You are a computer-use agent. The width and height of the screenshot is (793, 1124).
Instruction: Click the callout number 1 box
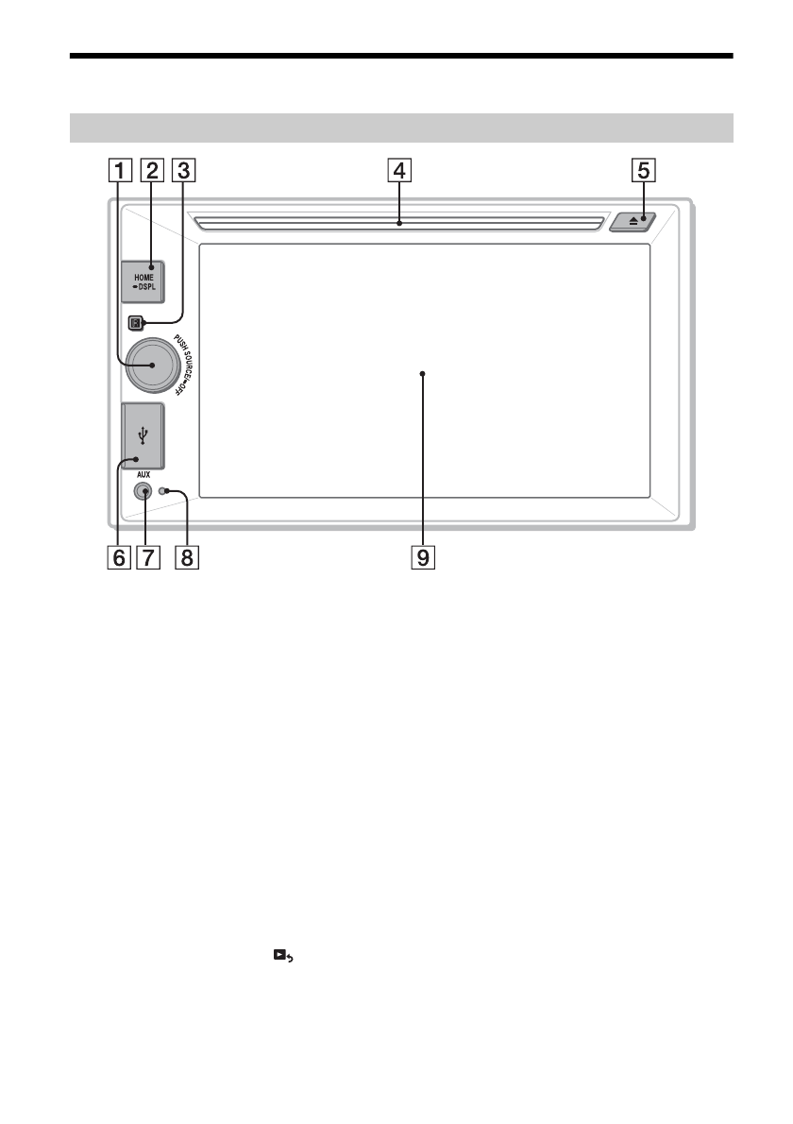[120, 171]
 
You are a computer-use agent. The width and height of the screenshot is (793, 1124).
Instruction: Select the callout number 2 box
[152, 171]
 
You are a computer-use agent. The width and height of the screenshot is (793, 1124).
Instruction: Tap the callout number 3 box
[183, 171]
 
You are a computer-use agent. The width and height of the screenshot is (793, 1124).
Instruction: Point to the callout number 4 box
[399, 171]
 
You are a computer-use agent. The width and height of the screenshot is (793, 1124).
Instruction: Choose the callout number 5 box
[643, 171]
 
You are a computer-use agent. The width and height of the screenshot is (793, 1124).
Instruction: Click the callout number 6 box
[119, 557]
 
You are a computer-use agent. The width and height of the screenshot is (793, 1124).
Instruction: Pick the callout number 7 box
[147, 557]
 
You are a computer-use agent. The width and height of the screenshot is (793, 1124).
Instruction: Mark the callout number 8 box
[187, 557]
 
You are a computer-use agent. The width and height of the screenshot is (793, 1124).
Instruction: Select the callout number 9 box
[423, 557]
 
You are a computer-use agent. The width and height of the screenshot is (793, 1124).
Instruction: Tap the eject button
[633, 221]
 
